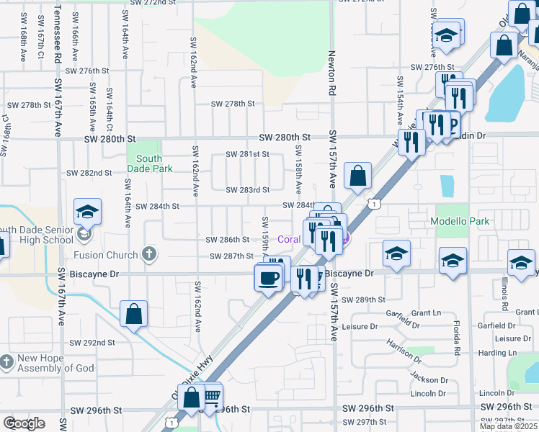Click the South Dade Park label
coord(148,163)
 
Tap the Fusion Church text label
coord(105,255)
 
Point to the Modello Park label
coord(459,221)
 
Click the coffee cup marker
coord(269,277)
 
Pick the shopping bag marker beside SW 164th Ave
coord(134,314)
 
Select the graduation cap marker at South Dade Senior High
coord(87,212)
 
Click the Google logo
coord(24,423)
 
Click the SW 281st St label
coord(247,154)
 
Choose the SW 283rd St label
coord(247,190)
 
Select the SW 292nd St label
coord(91,343)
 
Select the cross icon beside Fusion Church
coord(148,253)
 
